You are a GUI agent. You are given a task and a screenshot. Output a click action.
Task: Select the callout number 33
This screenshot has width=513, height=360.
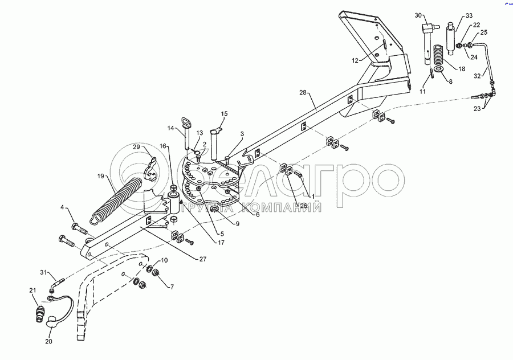point(469,15)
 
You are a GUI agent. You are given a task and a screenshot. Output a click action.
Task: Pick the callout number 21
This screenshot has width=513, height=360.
point(32,291)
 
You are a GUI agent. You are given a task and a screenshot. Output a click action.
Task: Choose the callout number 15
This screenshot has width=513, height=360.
point(223,114)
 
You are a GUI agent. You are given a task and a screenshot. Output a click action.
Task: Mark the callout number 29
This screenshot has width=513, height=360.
point(137,147)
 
